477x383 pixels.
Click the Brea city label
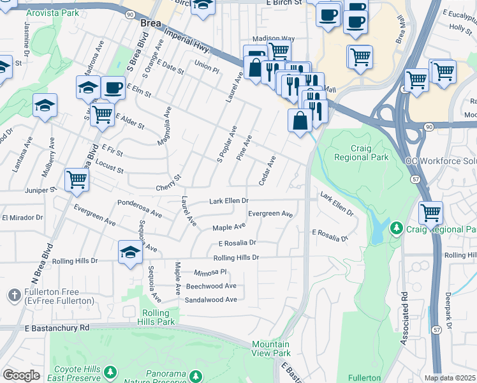coord(150,23)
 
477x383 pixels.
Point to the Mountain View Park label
coord(270,349)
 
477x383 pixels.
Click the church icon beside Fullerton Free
coord(15,295)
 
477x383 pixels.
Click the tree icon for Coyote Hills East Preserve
coord(111,371)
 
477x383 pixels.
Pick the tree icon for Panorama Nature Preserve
coord(198,375)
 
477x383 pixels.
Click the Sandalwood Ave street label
coord(210,299)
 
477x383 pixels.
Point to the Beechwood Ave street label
coord(210,286)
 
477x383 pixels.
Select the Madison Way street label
coord(273,38)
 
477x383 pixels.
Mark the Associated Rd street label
coord(404,319)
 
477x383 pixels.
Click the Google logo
coord(20,375)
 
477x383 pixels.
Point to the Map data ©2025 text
coord(450,378)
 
